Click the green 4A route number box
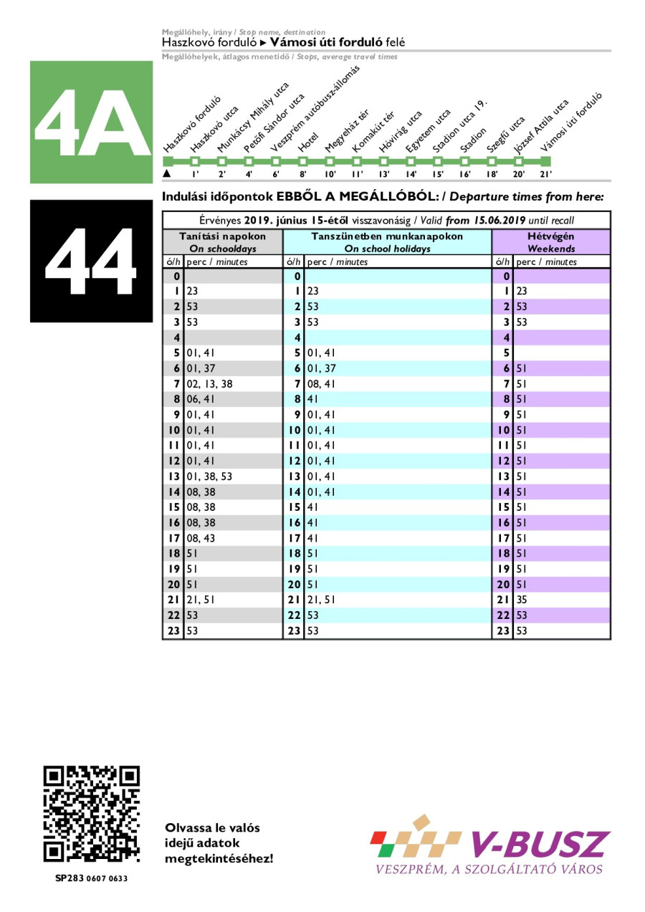91,122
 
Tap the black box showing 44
91,261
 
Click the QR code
91,815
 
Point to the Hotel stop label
309,141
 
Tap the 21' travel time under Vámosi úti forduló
545,174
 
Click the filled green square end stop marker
546,160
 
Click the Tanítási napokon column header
222,242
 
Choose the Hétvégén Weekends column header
550,242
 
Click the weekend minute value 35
522,600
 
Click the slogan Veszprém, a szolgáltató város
489,870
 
